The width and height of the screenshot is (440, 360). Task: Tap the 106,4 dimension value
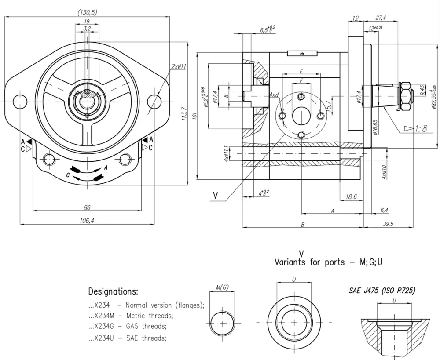pos(86,221)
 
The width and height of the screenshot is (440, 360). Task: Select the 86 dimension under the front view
pos(87,207)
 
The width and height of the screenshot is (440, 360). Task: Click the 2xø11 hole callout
pos(179,66)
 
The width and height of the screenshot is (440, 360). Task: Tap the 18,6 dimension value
pos(351,197)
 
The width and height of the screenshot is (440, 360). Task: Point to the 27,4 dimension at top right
pos(381,18)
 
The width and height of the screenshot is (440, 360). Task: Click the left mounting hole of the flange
pos(20,101)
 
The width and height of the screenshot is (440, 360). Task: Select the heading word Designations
pos(113,291)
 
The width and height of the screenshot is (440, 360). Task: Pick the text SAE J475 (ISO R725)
pos(381,291)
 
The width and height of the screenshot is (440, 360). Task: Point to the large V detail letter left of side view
pos(215,195)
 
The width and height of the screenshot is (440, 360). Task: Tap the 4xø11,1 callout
pos(226,154)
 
